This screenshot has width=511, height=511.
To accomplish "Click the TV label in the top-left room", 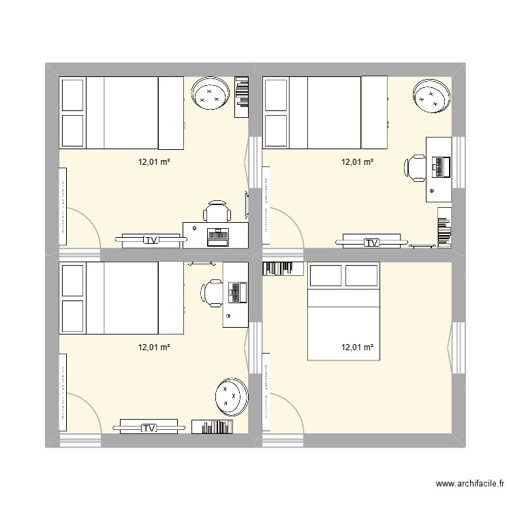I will (x=151, y=240).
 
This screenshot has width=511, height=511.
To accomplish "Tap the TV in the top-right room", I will (x=372, y=242).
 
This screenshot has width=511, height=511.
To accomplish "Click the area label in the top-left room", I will (x=154, y=162).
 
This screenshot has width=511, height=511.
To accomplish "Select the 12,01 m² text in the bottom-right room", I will (x=357, y=347).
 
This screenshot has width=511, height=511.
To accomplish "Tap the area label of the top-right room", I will (x=357, y=162).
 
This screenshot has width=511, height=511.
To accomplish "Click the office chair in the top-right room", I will (x=415, y=168).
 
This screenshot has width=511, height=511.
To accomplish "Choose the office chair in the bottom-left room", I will (x=211, y=292).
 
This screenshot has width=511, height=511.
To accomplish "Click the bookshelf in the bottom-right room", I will (x=282, y=268).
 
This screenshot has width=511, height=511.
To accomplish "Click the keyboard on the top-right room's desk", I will (x=440, y=166).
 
